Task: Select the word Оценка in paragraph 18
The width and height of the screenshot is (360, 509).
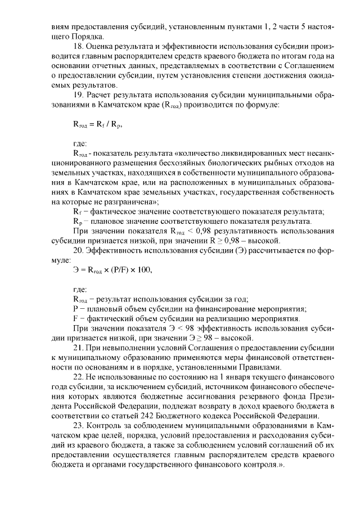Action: (x=102, y=47)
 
